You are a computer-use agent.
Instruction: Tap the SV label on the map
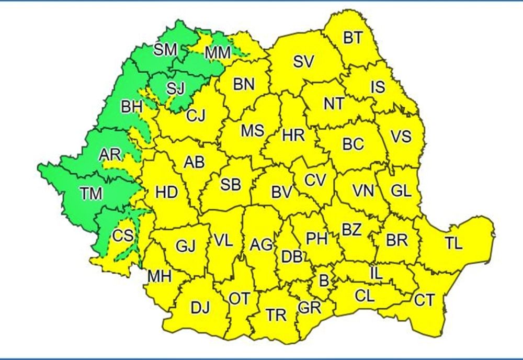click(x=303, y=62)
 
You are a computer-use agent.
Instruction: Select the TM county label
click(x=93, y=194)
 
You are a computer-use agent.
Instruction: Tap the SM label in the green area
click(x=166, y=50)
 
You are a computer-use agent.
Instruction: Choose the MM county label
click(x=218, y=53)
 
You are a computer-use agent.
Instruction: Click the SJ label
click(x=176, y=88)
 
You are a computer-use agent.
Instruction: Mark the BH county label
click(x=131, y=107)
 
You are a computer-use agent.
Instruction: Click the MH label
click(x=160, y=276)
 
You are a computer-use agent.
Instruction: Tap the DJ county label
click(x=199, y=308)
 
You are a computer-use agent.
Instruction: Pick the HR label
click(x=293, y=136)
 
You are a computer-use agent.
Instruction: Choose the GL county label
click(x=401, y=192)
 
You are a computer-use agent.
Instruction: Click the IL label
click(x=376, y=273)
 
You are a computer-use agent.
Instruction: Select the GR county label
click(x=309, y=307)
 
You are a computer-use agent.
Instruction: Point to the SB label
click(x=231, y=184)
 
